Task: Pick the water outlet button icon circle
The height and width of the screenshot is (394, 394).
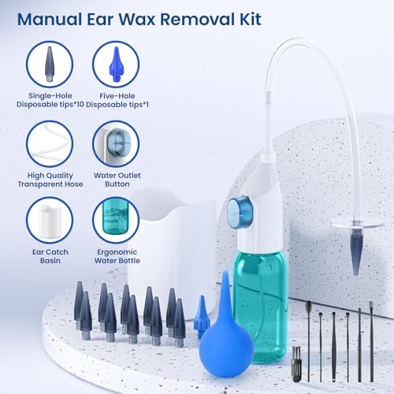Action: (115, 143)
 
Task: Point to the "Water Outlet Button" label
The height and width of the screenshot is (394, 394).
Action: (115, 180)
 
